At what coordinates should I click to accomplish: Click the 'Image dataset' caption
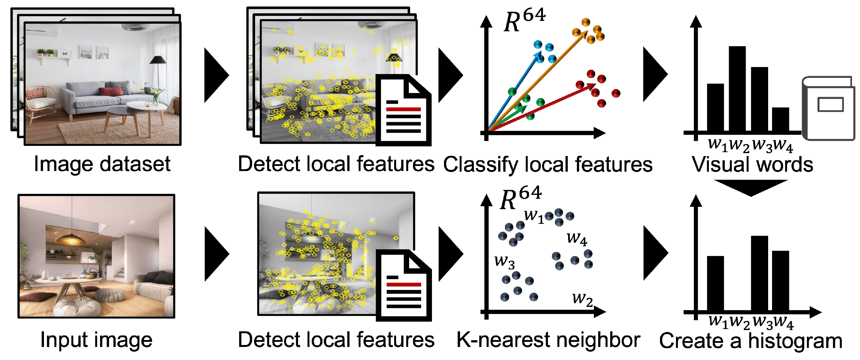point(102,164)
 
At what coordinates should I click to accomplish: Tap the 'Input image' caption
point(96,339)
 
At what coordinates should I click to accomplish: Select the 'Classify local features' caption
point(548,165)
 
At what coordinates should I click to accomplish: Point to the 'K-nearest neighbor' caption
point(548,339)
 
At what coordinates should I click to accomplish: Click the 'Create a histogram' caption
point(751,341)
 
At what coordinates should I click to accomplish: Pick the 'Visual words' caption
point(752,165)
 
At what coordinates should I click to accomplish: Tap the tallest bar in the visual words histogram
point(737,89)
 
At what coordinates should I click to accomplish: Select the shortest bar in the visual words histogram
point(780,119)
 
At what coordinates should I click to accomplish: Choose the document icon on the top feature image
point(403,110)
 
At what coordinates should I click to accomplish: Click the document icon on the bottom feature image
point(403,285)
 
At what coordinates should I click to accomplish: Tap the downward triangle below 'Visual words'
point(751,187)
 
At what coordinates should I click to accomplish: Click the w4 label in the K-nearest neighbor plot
point(577,239)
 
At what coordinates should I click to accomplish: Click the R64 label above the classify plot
point(524,20)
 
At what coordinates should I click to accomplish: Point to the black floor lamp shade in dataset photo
point(158,60)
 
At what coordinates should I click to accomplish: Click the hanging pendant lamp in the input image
point(71,238)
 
